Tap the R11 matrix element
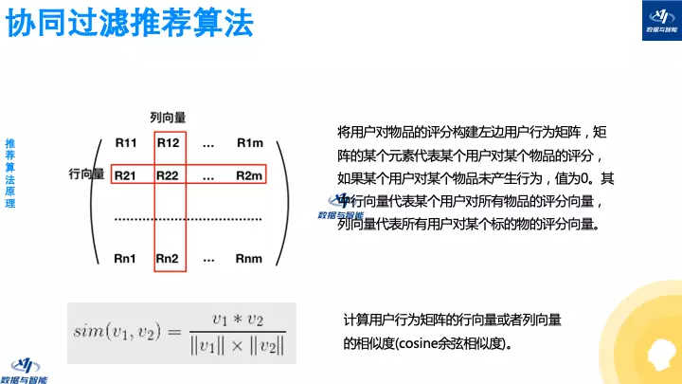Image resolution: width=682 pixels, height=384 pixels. tap(126, 143)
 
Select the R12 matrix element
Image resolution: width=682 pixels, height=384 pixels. tap(168, 143)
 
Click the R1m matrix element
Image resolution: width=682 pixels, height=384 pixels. tap(249, 143)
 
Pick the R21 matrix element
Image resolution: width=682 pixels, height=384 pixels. tap(126, 175)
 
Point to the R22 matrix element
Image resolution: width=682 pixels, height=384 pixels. tap(168, 175)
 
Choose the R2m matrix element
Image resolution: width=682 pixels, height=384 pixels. tap(249, 175)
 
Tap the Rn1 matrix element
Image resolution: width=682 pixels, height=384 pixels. tap(126, 258)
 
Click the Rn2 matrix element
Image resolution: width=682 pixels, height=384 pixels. tap(168, 258)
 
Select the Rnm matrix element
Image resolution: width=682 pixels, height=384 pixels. tap(249, 258)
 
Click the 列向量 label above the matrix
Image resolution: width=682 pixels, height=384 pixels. tap(168, 117)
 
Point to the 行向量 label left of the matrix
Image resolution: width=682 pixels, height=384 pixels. tap(86, 175)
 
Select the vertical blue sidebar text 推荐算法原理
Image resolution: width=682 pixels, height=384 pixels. tap(9, 173)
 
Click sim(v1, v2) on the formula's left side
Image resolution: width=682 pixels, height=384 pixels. tap(122, 331)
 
